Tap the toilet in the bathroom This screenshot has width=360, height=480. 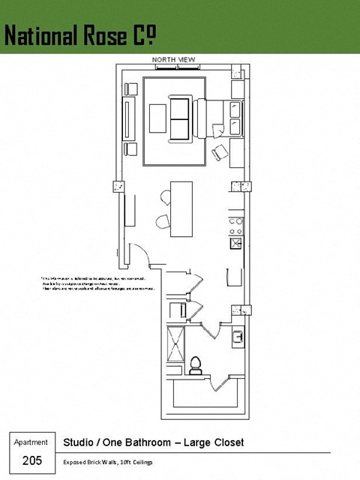pos(196,364)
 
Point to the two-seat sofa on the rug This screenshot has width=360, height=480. pos(180,119)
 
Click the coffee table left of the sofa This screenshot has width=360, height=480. pos(159,118)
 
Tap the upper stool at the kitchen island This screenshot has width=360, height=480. pos(166,199)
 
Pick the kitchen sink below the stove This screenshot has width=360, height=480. pos(235,243)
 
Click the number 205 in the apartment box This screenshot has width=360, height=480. pos(31,460)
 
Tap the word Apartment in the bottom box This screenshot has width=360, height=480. pos(31,442)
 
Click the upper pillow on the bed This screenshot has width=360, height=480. pos(235,109)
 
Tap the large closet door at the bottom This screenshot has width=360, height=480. pos(217,385)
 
